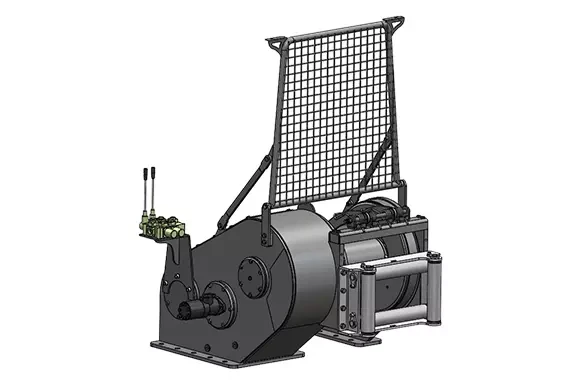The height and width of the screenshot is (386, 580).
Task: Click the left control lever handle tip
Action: tap(143, 172)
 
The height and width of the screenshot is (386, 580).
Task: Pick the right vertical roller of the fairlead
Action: tap(432, 290)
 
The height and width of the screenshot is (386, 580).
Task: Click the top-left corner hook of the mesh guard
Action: tap(273, 38)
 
